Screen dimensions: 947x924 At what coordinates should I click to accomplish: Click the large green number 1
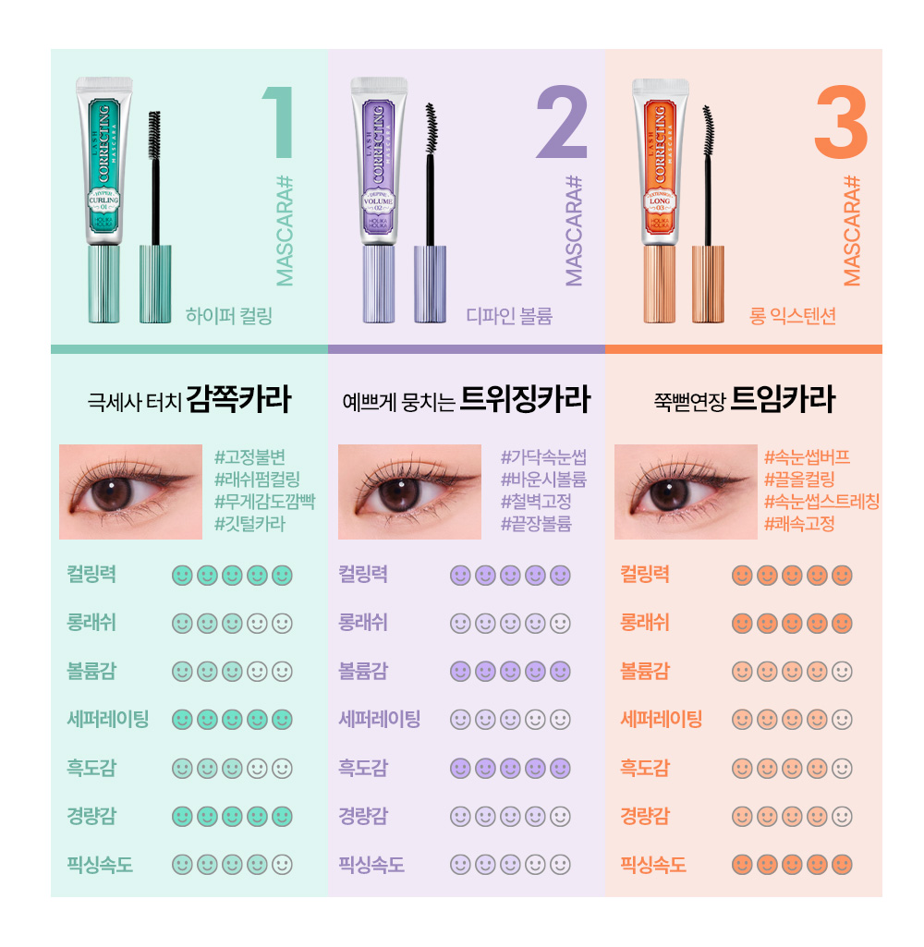[x=279, y=123]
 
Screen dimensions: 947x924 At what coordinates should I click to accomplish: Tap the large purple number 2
[x=561, y=123]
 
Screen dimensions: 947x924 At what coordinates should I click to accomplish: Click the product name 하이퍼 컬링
[x=229, y=317]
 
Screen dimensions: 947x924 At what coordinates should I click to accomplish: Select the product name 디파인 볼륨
[x=509, y=317]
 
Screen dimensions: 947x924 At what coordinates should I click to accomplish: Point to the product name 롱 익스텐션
[x=793, y=317]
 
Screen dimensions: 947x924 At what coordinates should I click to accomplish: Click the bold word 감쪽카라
[x=238, y=399]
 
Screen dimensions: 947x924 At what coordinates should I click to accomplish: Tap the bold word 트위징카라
[x=524, y=399]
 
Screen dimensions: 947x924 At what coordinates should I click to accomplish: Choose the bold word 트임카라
[x=783, y=399]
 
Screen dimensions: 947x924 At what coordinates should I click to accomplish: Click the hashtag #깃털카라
[x=249, y=524]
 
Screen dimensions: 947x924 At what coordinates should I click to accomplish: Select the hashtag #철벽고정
[x=536, y=502]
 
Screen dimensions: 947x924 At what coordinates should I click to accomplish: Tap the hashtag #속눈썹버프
[x=807, y=456]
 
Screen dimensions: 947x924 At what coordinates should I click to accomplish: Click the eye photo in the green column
[x=130, y=492]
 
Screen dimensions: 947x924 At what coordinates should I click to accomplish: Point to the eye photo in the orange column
[x=686, y=492]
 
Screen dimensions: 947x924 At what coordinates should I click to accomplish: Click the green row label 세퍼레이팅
[x=107, y=719]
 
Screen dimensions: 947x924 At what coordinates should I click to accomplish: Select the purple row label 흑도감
[x=363, y=768]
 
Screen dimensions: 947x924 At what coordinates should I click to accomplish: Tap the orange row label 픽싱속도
[x=653, y=866]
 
